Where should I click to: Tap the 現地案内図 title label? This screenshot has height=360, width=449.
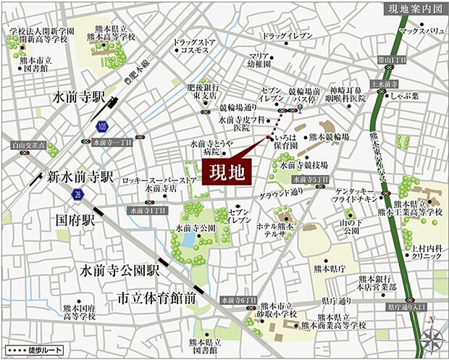point(413,9)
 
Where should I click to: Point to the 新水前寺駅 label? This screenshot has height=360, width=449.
point(81,176)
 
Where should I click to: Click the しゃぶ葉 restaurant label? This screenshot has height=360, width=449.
point(402,94)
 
